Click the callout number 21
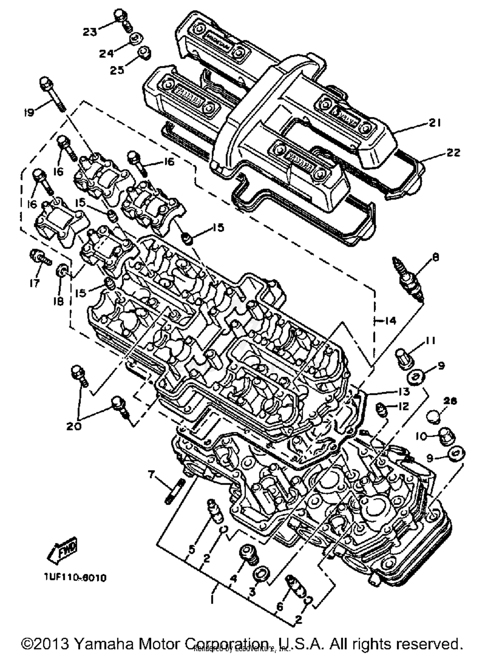pyautogui.click(x=435, y=123)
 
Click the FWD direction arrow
pyautogui.click(x=62, y=549)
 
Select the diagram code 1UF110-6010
pyautogui.click(x=75, y=577)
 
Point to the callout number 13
pyautogui.click(x=404, y=392)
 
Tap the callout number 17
pyautogui.click(x=34, y=283)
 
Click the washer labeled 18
pyautogui.click(x=61, y=270)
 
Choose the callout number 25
pyautogui.click(x=117, y=70)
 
